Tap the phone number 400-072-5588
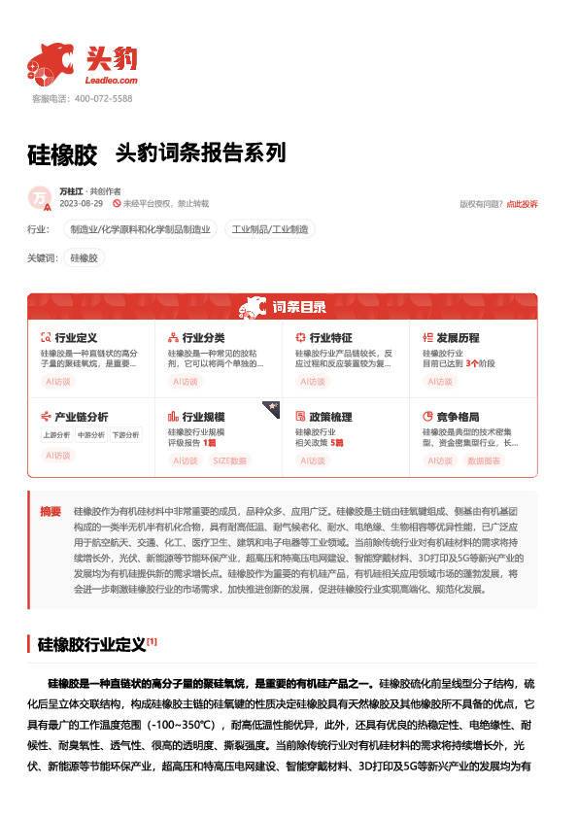pyautogui.click(x=103, y=99)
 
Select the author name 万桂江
pyautogui.click(x=72, y=191)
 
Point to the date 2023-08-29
pyautogui.click(x=82, y=204)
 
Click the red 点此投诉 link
pyautogui.click(x=522, y=204)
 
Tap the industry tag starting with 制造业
pyautogui.click(x=138, y=230)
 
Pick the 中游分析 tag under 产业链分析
pyautogui.click(x=90, y=435)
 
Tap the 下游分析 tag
pyautogui.click(x=124, y=435)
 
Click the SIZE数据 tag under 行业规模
pyautogui.click(x=230, y=460)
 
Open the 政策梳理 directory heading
pyautogui.click(x=330, y=417)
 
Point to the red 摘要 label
pyautogui.click(x=51, y=511)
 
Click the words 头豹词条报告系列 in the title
pyautogui.click(x=200, y=153)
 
